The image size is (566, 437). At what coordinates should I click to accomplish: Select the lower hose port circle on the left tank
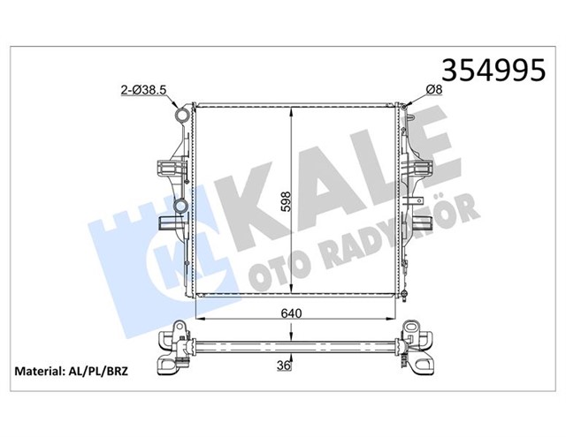click(x=180, y=207)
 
